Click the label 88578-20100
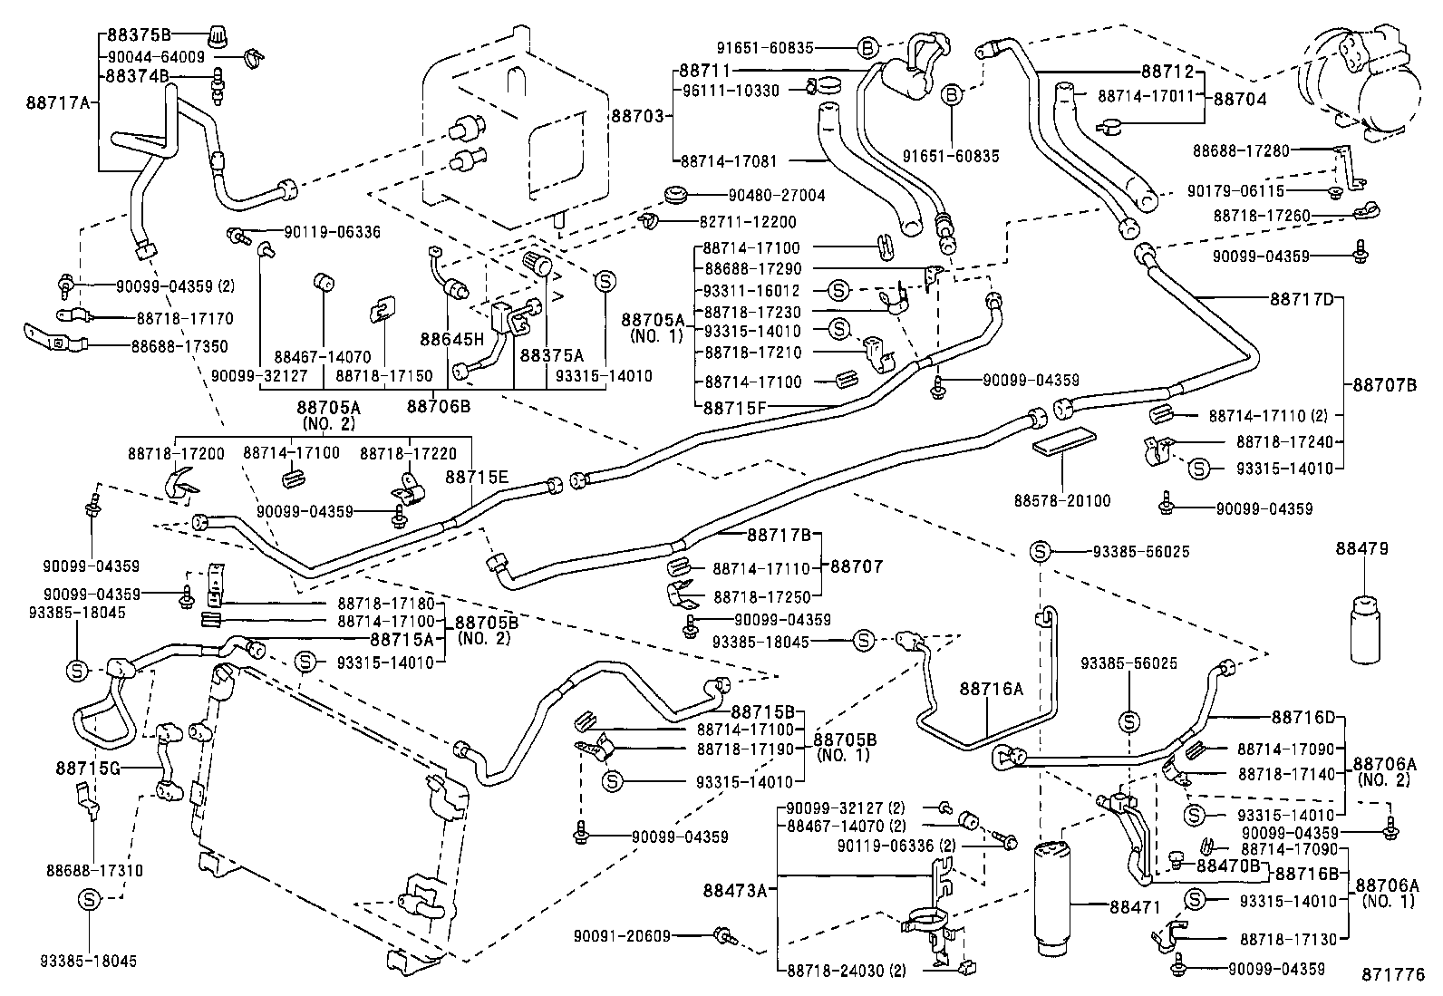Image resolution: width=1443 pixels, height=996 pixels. tap(1061, 500)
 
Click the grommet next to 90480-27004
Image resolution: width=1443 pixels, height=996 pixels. tap(674, 195)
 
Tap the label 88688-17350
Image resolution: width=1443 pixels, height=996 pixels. tap(179, 346)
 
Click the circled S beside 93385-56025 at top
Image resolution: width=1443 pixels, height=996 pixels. tap(1040, 551)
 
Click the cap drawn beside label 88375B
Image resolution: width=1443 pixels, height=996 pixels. tap(216, 37)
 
